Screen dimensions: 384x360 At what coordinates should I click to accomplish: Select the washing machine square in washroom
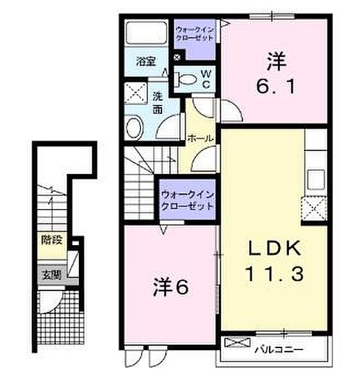[x=136, y=92]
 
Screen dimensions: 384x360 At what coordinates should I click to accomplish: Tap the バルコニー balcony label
[x=278, y=349]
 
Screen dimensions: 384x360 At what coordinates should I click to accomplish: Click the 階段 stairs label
[x=49, y=242]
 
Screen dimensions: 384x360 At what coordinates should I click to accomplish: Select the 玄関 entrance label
[x=49, y=276]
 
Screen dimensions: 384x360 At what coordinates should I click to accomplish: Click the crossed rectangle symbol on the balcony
[x=234, y=342]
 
